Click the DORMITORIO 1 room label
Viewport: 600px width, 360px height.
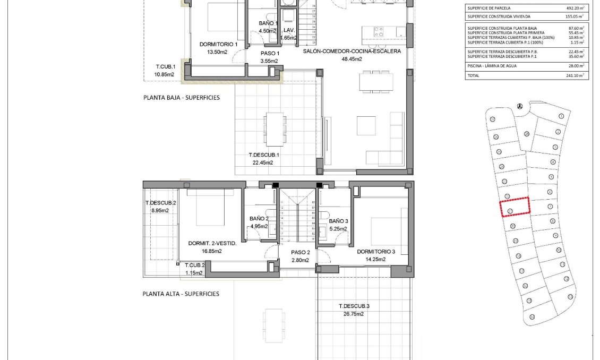click(x=218, y=45)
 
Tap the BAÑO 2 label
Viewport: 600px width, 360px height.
click(x=259, y=219)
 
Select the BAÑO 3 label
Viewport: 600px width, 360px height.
click(x=338, y=221)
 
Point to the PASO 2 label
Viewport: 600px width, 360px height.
click(x=301, y=253)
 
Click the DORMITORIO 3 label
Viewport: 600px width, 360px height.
click(x=376, y=252)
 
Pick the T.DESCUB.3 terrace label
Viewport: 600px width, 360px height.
click(x=354, y=306)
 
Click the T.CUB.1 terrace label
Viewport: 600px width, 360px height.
click(x=165, y=67)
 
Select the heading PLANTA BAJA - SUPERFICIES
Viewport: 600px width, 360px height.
click(x=181, y=98)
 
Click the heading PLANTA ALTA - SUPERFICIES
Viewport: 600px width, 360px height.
click(x=181, y=294)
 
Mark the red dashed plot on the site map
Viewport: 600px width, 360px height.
click(x=515, y=207)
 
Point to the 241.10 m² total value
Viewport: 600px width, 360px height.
click(x=575, y=76)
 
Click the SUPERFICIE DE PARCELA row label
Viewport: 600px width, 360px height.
click(x=488, y=8)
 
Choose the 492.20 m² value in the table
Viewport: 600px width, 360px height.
click(x=575, y=8)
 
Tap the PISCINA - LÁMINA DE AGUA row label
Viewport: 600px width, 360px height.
click(x=492, y=66)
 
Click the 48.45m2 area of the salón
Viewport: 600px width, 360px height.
click(x=352, y=59)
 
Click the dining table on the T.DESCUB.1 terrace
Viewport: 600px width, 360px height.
click(x=275, y=128)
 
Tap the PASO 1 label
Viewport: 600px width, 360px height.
click(x=270, y=54)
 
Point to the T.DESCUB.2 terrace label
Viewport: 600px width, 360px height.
click(x=160, y=203)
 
